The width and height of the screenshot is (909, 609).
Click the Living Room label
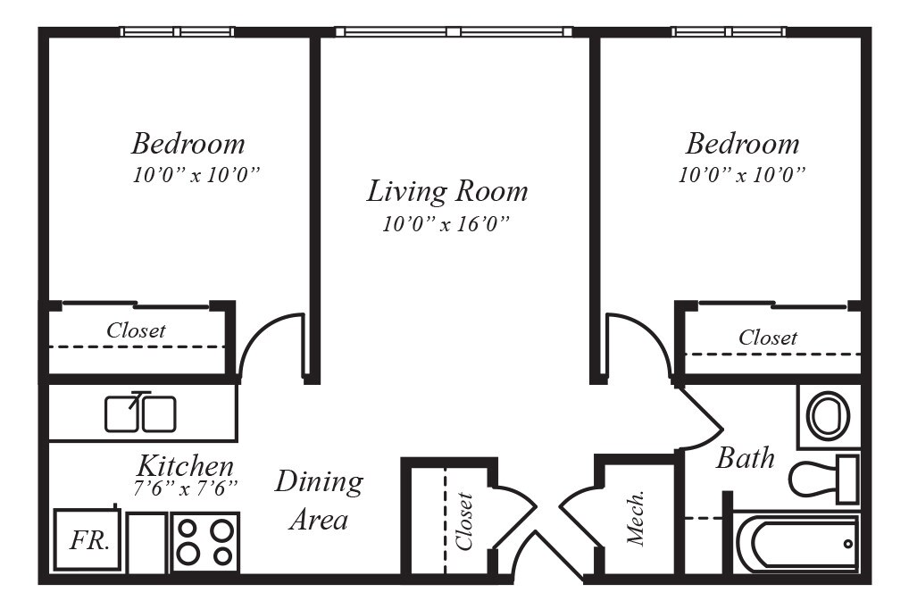click(447, 191)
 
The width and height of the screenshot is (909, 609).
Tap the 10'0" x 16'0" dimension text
click(446, 224)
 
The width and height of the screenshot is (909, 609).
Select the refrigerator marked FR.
click(88, 540)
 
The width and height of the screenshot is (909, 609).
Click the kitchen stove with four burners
click(205, 542)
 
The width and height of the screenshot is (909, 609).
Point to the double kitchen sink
click(140, 413)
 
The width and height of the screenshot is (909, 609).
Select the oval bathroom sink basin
click(829, 416)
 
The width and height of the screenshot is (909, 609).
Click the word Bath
click(746, 457)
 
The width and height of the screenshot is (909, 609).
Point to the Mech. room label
click(637, 519)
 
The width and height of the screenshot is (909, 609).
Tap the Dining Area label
click(320, 500)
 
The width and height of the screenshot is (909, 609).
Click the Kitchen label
click(186, 466)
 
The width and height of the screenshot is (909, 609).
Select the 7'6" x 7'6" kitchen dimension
click(186, 488)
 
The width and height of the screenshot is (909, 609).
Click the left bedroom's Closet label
click(136, 330)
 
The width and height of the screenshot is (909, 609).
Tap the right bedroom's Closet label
click(768, 338)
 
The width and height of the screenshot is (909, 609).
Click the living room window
click(454, 31)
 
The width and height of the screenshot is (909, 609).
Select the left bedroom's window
click(178, 31)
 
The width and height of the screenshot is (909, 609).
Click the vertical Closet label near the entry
click(464, 521)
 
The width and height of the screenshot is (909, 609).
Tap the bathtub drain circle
click(848, 544)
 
